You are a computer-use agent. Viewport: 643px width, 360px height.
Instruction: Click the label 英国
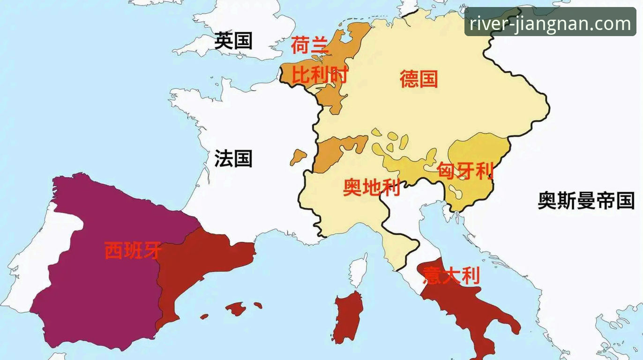(233, 41)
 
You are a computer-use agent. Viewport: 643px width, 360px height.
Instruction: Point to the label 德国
(419, 78)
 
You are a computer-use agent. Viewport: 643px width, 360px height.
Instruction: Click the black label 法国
(233, 158)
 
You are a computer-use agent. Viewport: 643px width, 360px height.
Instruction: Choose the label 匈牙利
(465, 171)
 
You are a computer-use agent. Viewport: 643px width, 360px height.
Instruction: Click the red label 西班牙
(133, 250)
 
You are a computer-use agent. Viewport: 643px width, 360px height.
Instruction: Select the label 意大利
(451, 275)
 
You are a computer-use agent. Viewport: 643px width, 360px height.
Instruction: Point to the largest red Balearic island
(236, 308)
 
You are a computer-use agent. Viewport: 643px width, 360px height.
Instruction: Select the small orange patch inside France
(298, 157)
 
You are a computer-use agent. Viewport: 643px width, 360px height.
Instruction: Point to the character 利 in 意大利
(471, 275)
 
